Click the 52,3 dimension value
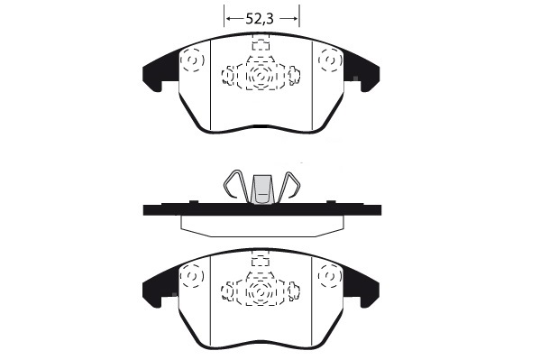260,19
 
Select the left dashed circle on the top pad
192,60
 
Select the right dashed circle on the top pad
330,60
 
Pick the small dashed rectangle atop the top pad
261,45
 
